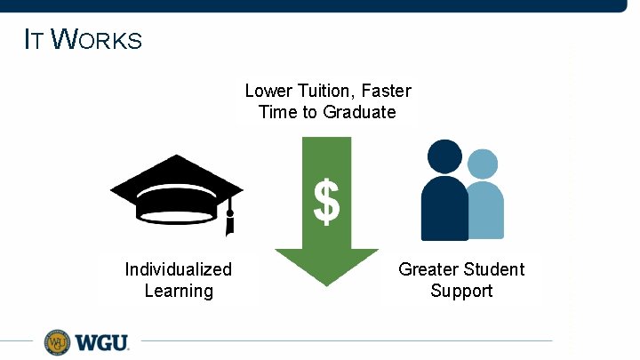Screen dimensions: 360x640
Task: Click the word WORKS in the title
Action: pos(97,40)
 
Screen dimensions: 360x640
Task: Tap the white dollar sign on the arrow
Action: pos(326,202)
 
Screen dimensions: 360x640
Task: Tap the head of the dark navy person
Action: pos(445,156)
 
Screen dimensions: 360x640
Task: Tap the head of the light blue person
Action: pos(483,164)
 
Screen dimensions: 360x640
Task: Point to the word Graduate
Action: pos(359,112)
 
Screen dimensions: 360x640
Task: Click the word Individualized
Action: pos(179,269)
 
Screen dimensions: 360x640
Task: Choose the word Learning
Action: pos(179,291)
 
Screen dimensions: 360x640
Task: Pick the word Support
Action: pos(461,291)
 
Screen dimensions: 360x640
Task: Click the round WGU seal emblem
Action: pos(58,341)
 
